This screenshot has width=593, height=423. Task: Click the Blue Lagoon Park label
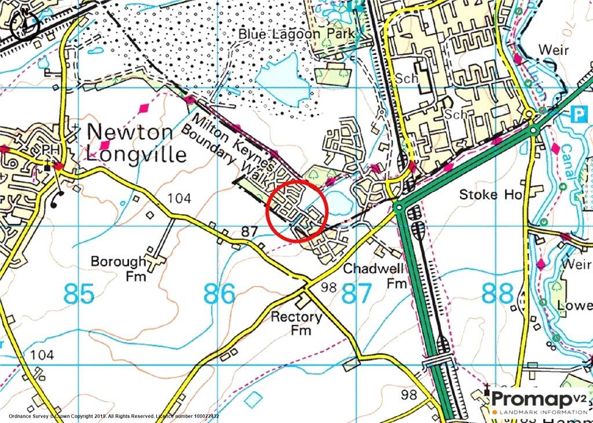click(296, 34)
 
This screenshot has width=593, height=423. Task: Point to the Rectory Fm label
click(297, 323)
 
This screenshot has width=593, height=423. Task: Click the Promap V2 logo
click(539, 401)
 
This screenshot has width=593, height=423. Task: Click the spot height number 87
click(249, 231)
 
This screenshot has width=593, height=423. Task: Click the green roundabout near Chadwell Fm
click(399, 207)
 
